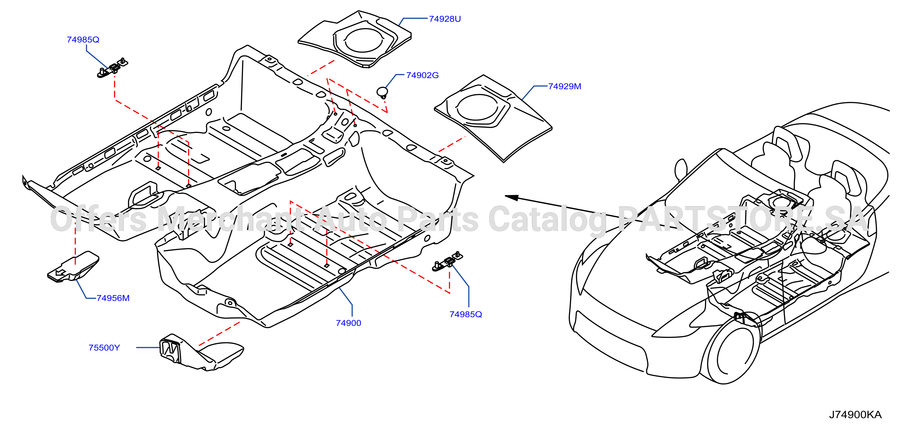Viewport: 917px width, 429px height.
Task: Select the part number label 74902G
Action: (422, 75)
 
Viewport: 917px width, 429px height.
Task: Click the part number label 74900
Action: (349, 323)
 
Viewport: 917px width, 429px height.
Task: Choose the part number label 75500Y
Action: (104, 347)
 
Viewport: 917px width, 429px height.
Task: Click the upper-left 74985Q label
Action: (83, 40)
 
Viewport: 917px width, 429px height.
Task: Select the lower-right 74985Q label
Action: (466, 314)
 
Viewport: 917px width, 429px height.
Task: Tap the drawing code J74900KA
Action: (855, 415)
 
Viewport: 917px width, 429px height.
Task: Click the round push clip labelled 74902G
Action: (382, 92)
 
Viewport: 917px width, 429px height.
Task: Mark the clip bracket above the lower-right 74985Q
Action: (447, 262)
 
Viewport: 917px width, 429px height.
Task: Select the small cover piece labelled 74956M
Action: (73, 267)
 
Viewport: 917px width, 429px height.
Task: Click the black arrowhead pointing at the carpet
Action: (512, 197)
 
